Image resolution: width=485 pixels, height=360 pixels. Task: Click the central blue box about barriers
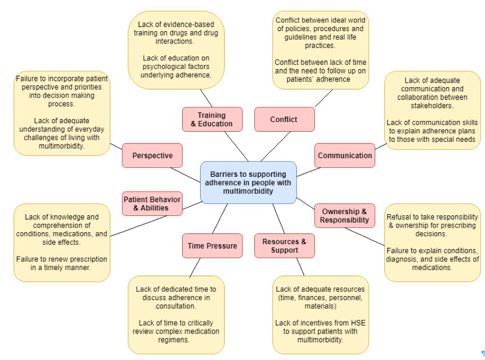[248, 183]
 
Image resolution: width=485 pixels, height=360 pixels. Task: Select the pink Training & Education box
[212, 119]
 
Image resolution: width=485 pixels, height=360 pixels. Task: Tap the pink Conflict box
[284, 119]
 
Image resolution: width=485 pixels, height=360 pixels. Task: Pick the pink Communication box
[345, 155]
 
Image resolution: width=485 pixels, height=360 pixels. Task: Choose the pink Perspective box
[152, 155]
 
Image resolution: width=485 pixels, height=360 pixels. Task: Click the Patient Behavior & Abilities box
[152, 203]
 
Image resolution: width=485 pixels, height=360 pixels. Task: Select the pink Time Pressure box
[212, 246]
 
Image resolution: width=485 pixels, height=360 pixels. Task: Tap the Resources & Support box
[284, 246]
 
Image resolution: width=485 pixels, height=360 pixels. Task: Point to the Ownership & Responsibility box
[345, 215]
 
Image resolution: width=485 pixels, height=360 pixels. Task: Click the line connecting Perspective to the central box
[185, 175]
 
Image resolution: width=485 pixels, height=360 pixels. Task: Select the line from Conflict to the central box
[276, 146]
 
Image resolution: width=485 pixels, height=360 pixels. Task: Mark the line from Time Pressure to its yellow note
[195, 267]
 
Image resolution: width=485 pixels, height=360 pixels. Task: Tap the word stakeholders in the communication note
[432, 106]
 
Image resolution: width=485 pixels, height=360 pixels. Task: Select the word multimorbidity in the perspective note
[62, 146]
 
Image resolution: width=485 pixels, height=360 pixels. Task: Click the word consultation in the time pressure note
[176, 306]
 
